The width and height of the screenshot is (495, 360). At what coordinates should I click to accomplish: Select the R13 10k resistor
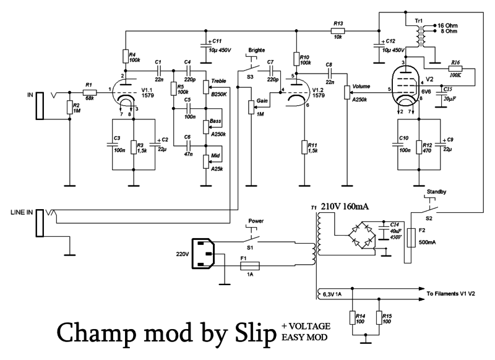(337, 29)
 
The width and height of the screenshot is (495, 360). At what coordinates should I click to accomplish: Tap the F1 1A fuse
(250, 266)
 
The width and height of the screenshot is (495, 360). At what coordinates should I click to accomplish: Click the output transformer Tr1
(424, 35)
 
